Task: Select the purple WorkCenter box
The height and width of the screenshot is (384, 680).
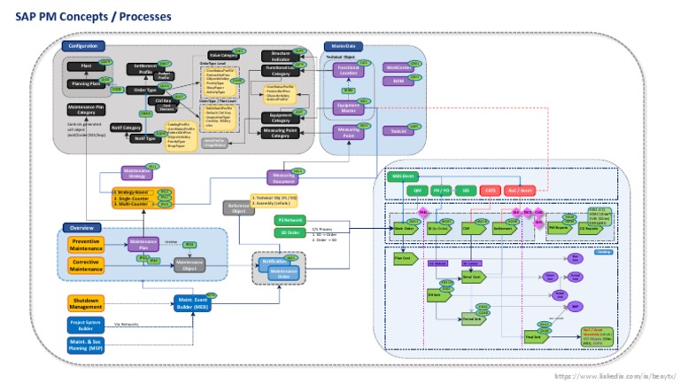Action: click(398, 67)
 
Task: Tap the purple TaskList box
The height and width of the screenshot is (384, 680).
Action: click(398, 130)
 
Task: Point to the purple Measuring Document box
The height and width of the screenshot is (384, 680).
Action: click(281, 177)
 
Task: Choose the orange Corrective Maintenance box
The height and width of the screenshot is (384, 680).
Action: click(86, 263)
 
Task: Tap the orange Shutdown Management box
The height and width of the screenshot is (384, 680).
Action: click(86, 303)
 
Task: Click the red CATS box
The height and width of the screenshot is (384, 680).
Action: click(490, 190)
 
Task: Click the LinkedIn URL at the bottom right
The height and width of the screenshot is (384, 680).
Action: click(614, 376)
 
